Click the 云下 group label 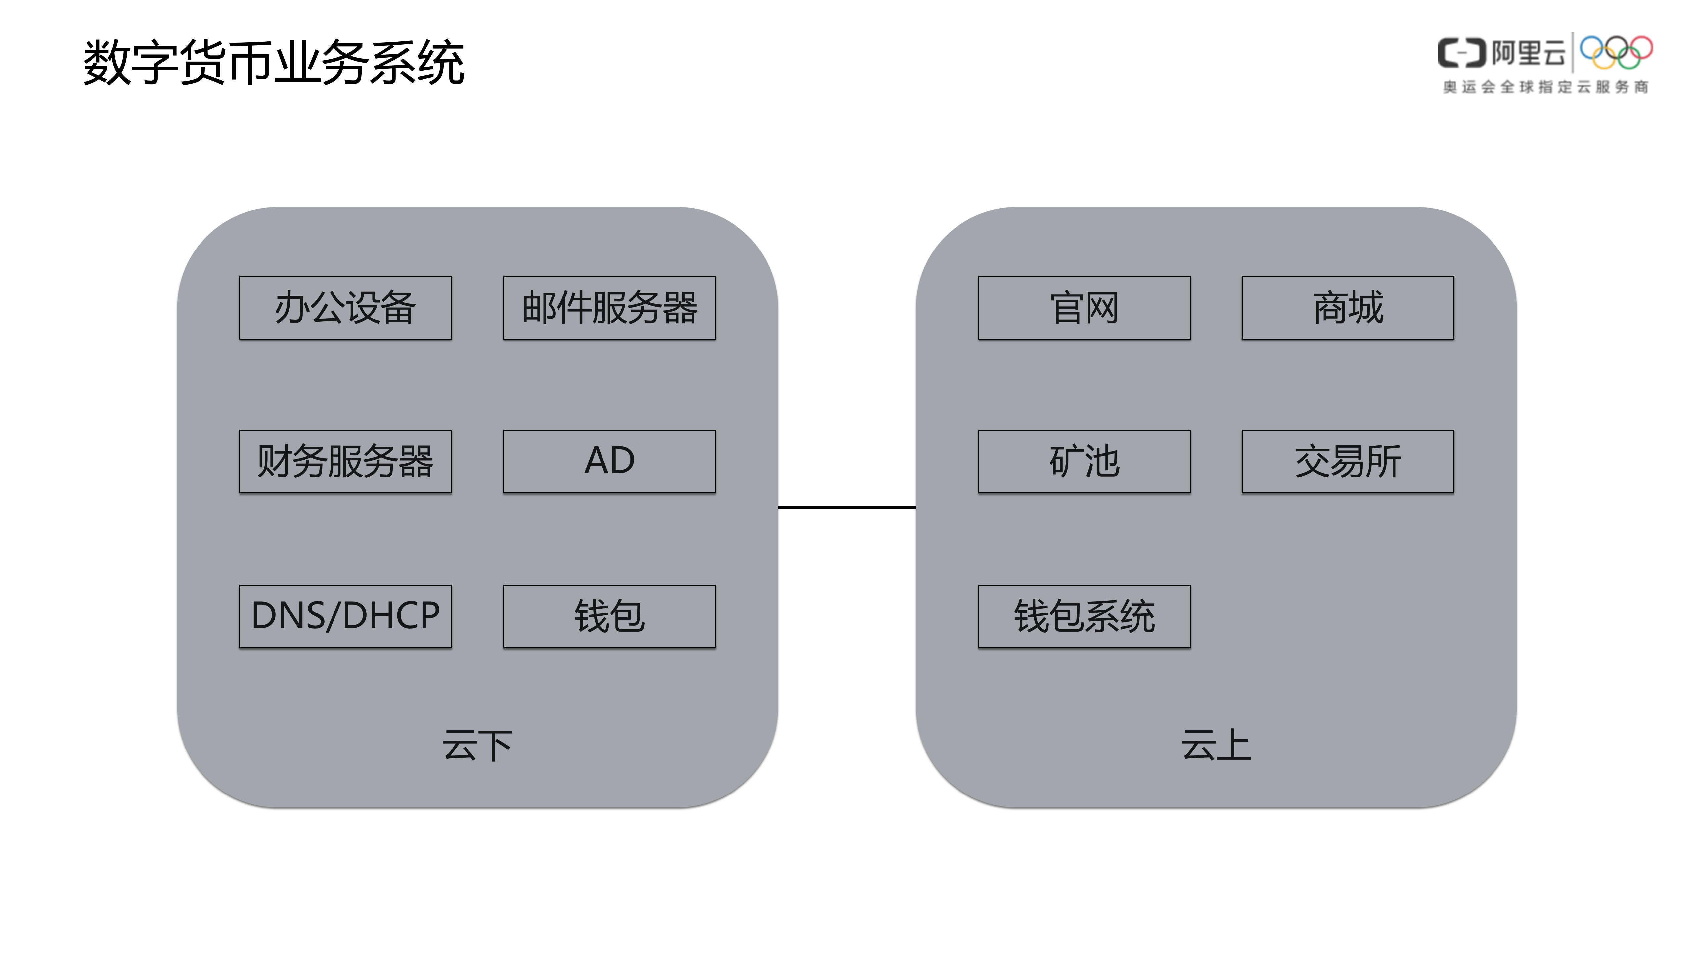(477, 746)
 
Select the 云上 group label (1216, 746)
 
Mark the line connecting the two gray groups (846, 507)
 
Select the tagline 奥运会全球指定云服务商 (1545, 87)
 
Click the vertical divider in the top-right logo (1572, 53)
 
